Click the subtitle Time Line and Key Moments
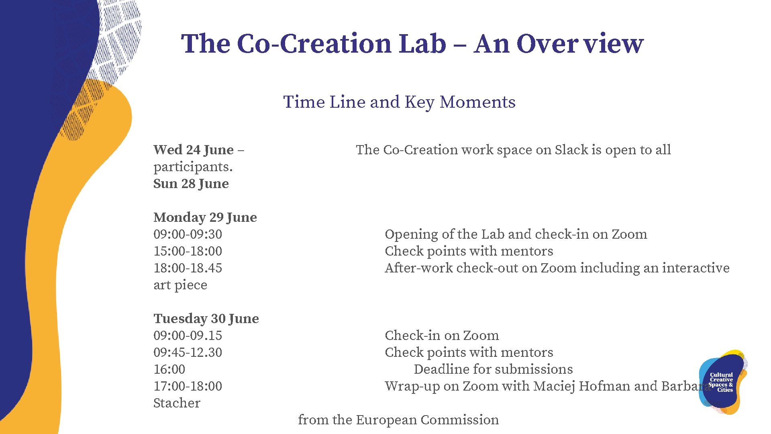click(x=399, y=102)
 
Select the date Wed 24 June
click(x=194, y=150)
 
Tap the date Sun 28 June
click(x=191, y=184)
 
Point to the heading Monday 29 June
click(x=205, y=217)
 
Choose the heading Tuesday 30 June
click(x=206, y=319)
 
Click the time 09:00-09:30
click(x=188, y=234)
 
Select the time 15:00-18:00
click(x=188, y=251)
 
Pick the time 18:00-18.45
click(x=188, y=268)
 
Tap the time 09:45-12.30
click(x=188, y=352)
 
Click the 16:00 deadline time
click(x=169, y=369)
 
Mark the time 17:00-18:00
click(x=188, y=386)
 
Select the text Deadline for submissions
click(x=493, y=369)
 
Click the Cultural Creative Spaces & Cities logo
click(x=722, y=382)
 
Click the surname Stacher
click(x=177, y=403)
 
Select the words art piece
click(x=180, y=285)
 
